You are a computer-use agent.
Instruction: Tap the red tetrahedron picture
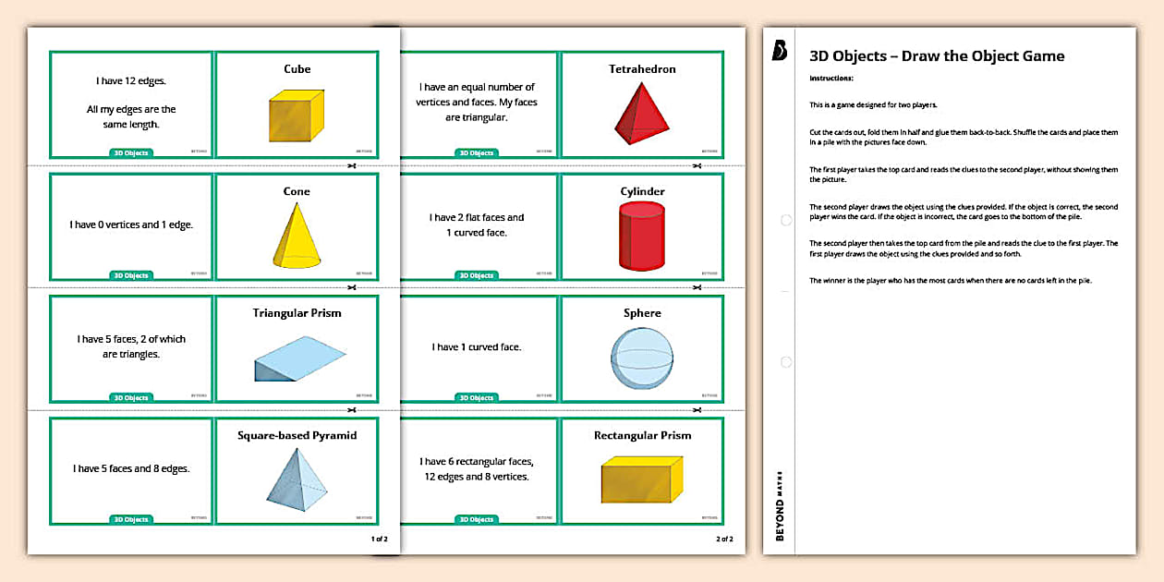[x=641, y=113]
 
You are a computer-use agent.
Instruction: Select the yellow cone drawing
[x=297, y=236]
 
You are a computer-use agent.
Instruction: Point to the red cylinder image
[x=642, y=237]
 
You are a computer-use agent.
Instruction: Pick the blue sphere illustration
[x=642, y=358]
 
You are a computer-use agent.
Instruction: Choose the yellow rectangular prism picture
[x=642, y=479]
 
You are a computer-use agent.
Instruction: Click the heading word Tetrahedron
[x=642, y=69]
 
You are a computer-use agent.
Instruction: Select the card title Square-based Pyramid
[x=297, y=435]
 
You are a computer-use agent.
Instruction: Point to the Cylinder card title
[x=642, y=191]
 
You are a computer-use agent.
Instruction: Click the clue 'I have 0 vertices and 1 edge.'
[x=131, y=224]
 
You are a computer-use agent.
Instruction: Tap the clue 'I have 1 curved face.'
[x=477, y=347]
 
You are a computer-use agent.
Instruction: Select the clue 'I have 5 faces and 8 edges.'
[x=131, y=468]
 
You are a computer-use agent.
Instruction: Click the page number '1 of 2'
[x=379, y=539]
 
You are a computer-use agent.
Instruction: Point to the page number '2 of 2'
[x=724, y=539]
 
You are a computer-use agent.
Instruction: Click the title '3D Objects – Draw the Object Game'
[x=936, y=56]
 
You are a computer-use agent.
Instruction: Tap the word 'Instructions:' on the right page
[x=831, y=79]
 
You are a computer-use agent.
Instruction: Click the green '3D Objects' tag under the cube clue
[x=131, y=152]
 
